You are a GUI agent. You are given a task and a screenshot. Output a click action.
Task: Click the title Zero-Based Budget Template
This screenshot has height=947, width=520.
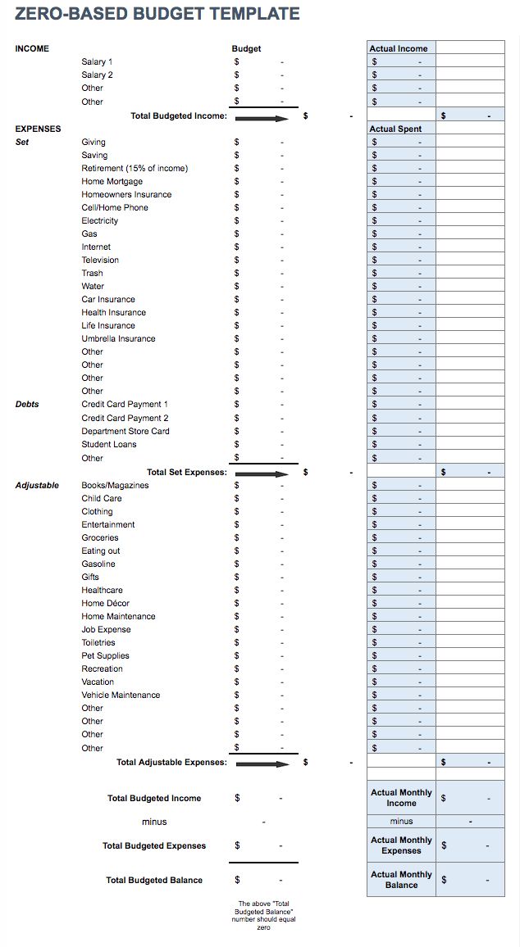[x=157, y=14]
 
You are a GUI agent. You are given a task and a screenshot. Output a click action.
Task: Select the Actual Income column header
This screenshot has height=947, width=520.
[x=399, y=48]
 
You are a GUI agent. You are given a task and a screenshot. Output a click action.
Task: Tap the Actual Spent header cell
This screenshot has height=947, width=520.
[x=395, y=129]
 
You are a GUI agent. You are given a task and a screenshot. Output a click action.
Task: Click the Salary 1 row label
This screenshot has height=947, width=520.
[x=97, y=61]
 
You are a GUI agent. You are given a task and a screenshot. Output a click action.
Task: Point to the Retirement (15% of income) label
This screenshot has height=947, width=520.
[x=135, y=168]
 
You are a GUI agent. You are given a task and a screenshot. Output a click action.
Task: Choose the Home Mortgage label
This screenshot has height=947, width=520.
[x=112, y=181]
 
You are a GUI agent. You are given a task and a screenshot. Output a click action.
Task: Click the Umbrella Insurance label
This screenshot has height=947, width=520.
[x=118, y=338]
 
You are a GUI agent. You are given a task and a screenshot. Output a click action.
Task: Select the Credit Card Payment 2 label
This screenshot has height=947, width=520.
[x=125, y=418]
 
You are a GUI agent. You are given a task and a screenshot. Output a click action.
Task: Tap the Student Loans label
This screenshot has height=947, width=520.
[x=109, y=444]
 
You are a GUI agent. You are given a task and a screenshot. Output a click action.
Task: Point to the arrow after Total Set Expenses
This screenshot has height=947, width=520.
[x=262, y=473]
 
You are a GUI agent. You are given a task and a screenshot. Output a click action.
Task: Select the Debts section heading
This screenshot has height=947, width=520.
[x=27, y=404]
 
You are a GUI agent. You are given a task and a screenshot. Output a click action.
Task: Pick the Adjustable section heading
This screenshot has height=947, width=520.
[x=37, y=485]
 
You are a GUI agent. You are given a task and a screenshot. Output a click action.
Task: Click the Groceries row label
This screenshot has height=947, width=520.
[x=100, y=537]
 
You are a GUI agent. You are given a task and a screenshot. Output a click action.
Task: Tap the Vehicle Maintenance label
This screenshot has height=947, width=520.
[x=121, y=695]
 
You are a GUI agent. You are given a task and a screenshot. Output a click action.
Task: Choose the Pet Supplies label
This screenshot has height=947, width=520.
[x=105, y=655]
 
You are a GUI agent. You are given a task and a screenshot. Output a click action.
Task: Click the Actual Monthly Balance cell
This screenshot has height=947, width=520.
[x=401, y=880]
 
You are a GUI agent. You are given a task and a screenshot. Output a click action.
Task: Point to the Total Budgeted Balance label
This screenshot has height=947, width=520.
[x=154, y=880]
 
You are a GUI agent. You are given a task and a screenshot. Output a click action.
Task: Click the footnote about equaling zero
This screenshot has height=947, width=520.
[x=264, y=915]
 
